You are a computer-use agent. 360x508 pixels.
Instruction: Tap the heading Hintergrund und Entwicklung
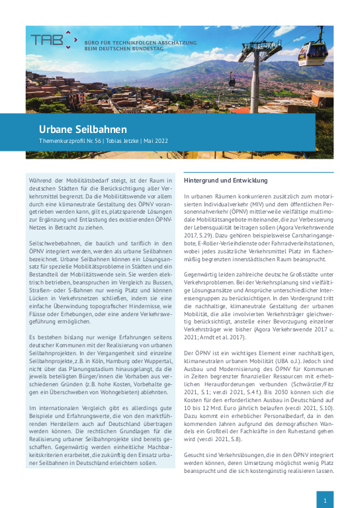[225, 180]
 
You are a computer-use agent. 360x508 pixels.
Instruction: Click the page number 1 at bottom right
[325, 501]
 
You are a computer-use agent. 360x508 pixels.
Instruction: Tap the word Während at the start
[44, 181]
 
